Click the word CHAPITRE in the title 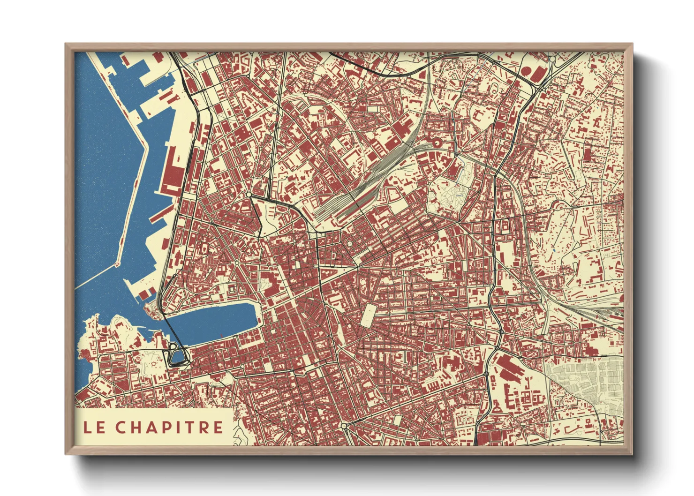(x=170, y=427)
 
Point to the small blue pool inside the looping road (x=177, y=357)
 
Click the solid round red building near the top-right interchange (x=527, y=71)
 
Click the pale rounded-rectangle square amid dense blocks (x=369, y=314)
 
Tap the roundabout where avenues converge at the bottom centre (x=344, y=426)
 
